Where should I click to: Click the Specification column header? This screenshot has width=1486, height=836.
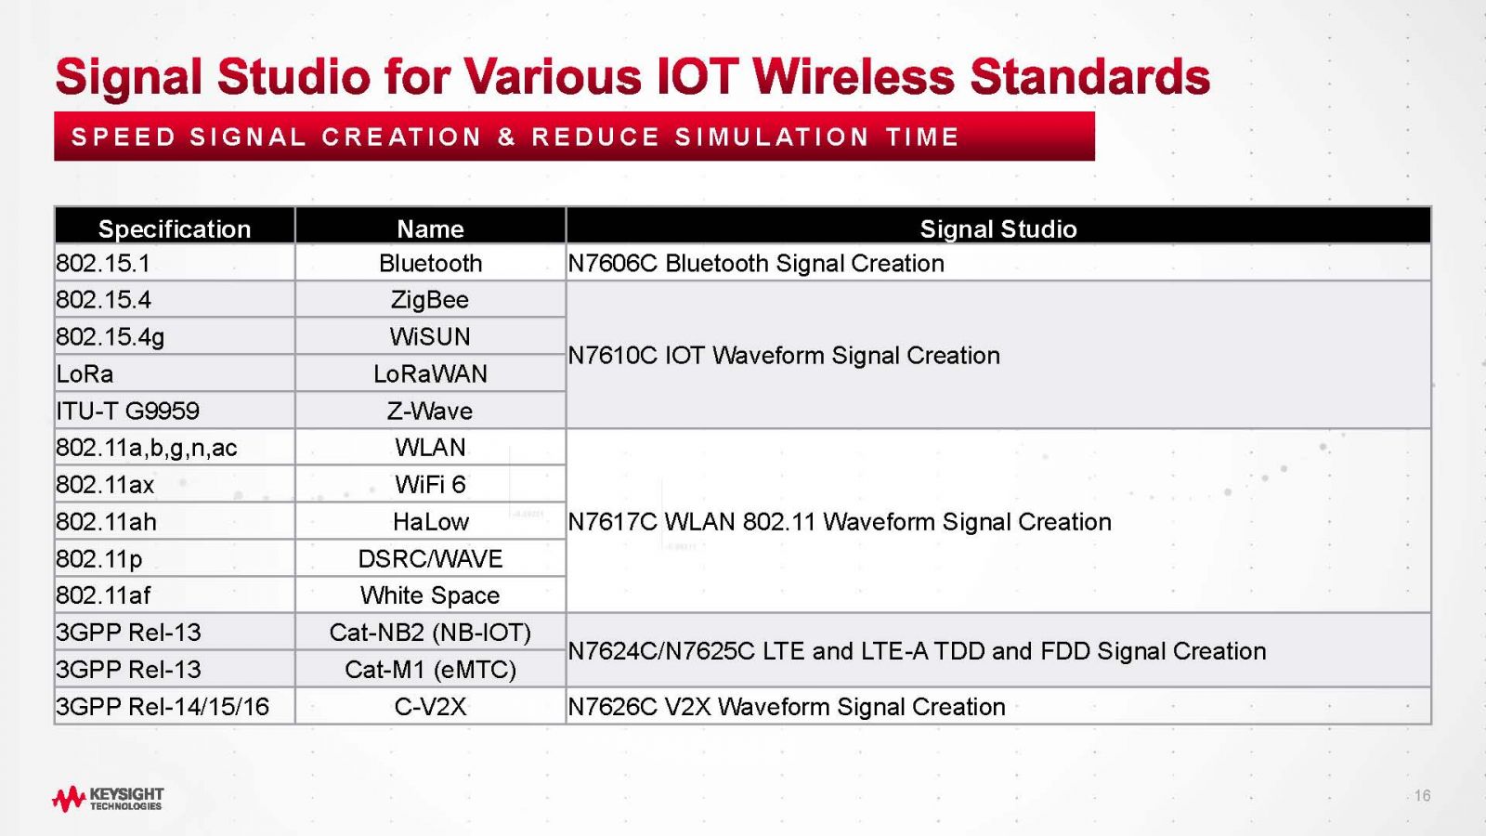[175, 229]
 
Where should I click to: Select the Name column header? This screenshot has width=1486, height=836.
[430, 229]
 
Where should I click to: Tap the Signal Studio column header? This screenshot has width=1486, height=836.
[997, 229]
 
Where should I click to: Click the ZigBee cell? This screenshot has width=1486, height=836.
[430, 300]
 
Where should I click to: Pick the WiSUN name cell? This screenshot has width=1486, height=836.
[430, 336]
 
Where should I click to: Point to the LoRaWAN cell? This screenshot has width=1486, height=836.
[430, 373]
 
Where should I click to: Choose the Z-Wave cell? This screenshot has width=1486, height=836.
[430, 411]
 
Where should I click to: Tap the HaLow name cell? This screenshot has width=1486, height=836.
[430, 521]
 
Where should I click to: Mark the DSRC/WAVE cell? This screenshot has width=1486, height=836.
[430, 558]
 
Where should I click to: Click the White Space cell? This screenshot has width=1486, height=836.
[430, 595]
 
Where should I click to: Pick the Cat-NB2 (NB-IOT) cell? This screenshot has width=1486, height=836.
[430, 633]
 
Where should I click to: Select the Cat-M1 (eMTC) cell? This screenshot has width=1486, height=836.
[430, 670]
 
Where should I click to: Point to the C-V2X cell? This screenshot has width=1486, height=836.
[430, 707]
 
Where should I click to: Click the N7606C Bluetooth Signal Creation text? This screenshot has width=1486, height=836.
[756, 264]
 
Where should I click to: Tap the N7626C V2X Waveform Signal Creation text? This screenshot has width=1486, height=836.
[787, 707]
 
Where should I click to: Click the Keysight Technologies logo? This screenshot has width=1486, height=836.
[108, 798]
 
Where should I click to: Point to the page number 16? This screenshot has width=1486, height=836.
[1422, 795]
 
